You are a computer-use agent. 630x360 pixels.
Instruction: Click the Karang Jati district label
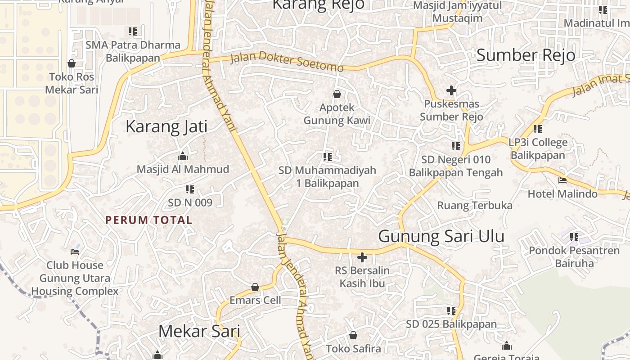click(166, 126)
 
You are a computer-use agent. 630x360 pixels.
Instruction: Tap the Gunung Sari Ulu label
click(441, 236)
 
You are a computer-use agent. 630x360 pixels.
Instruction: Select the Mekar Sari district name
click(199, 331)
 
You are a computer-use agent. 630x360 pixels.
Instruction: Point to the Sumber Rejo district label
click(526, 55)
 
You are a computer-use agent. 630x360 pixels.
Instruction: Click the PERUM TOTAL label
click(148, 220)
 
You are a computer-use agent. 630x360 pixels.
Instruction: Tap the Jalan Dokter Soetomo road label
click(287, 63)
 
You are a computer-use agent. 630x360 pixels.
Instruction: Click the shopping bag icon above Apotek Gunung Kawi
click(337, 94)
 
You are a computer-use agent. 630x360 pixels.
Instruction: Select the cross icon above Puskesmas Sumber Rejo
click(451, 90)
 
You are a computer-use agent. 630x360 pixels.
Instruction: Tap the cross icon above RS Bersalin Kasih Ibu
click(362, 257)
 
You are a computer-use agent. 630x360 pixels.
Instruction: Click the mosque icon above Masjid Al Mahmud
click(183, 156)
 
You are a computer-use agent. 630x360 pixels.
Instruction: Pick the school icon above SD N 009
click(190, 189)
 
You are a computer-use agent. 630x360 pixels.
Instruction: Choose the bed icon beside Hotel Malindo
click(562, 180)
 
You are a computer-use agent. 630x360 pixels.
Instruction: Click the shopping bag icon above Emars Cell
click(255, 287)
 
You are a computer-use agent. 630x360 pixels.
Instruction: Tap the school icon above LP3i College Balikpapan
click(538, 129)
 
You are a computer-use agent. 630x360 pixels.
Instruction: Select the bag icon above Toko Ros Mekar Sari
click(72, 63)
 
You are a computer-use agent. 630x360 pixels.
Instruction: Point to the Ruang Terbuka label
click(475, 206)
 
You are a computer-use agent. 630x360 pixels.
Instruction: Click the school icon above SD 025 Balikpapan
click(451, 311)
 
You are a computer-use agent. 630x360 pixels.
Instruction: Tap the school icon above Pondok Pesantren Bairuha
click(574, 237)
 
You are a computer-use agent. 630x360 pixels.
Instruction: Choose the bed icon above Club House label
click(75, 252)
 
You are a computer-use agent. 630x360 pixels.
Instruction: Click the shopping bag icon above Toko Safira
click(353, 335)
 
